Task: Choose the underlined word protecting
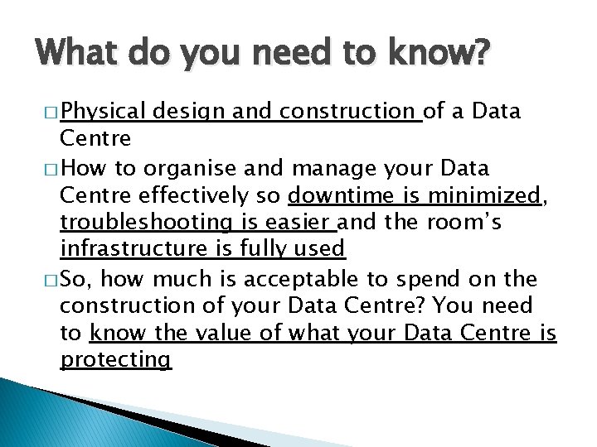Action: (115, 360)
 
